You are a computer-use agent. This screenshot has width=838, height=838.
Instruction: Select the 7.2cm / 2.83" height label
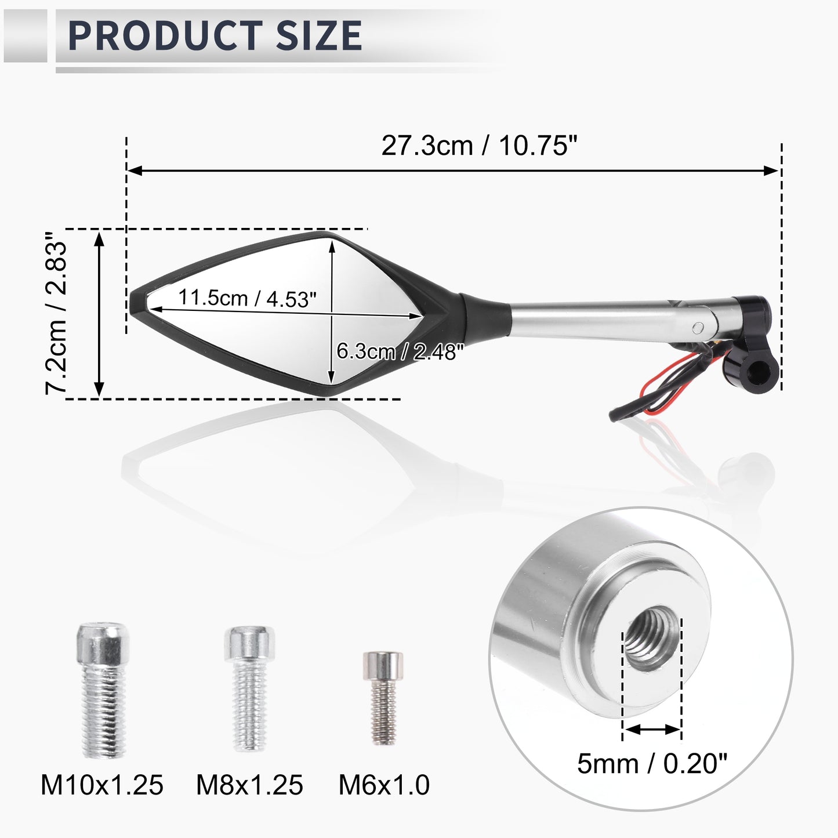(x=56, y=313)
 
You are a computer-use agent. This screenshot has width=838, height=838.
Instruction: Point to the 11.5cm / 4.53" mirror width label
(x=247, y=299)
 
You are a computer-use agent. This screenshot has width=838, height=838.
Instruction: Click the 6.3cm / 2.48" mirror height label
(x=401, y=351)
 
